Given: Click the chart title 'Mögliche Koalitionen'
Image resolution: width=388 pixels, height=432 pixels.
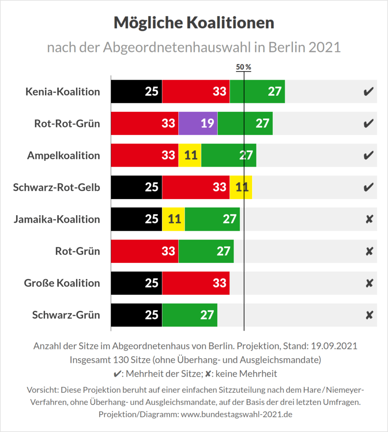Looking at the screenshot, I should click(194, 23).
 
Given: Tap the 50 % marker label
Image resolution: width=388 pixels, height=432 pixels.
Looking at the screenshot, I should click(243, 67).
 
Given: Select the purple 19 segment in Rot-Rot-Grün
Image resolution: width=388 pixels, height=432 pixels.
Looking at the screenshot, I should click(198, 123).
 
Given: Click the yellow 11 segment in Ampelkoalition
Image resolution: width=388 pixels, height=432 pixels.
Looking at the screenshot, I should click(190, 155).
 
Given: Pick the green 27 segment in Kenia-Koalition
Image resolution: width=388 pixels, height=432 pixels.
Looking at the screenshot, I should click(257, 91).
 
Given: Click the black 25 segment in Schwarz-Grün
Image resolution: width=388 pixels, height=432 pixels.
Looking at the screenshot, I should click(136, 315).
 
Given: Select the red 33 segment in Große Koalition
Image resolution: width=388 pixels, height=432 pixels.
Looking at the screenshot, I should click(196, 283).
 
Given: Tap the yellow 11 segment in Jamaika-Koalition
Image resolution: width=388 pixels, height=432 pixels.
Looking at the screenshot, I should click(173, 219).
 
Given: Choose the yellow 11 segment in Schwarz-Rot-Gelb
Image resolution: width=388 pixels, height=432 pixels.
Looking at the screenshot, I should click(241, 187).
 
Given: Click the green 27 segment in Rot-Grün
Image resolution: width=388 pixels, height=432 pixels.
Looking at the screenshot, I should click(206, 251).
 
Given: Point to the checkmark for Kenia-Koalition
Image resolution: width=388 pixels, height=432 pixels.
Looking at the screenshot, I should click(368, 92).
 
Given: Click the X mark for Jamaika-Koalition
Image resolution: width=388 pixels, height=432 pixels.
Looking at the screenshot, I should click(369, 219).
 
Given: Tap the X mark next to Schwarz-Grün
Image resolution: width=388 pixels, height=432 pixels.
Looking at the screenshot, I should click(369, 315).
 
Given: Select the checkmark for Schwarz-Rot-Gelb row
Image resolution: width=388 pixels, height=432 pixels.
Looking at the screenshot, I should click(368, 187).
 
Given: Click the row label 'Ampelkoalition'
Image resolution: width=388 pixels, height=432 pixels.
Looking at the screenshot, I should click(64, 155).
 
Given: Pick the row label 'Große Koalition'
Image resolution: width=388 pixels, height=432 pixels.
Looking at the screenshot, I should click(62, 283).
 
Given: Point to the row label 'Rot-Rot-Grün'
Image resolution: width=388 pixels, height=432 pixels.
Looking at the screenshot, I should click(67, 123).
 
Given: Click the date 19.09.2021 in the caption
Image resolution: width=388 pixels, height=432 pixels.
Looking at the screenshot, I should click(334, 346).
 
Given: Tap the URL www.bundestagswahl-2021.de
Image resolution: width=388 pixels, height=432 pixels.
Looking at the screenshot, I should click(236, 414).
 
